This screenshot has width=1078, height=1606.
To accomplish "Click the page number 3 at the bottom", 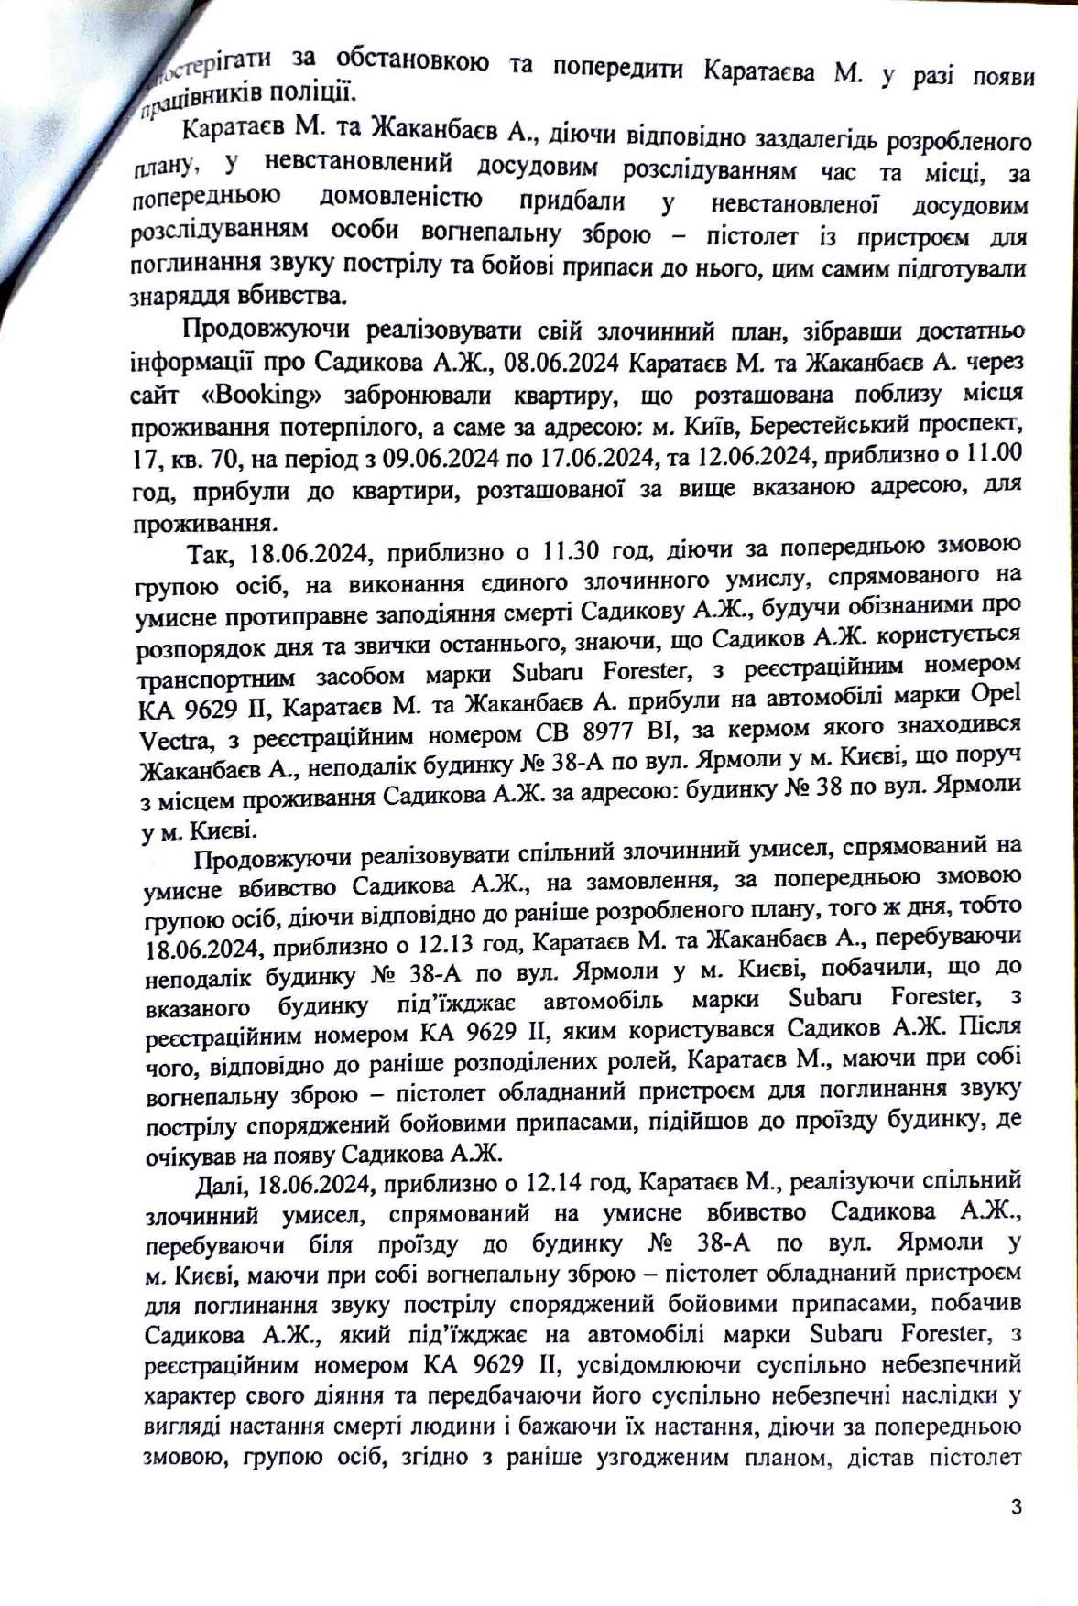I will (1016, 1506).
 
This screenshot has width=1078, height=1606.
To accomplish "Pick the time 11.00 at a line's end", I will (989, 452).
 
